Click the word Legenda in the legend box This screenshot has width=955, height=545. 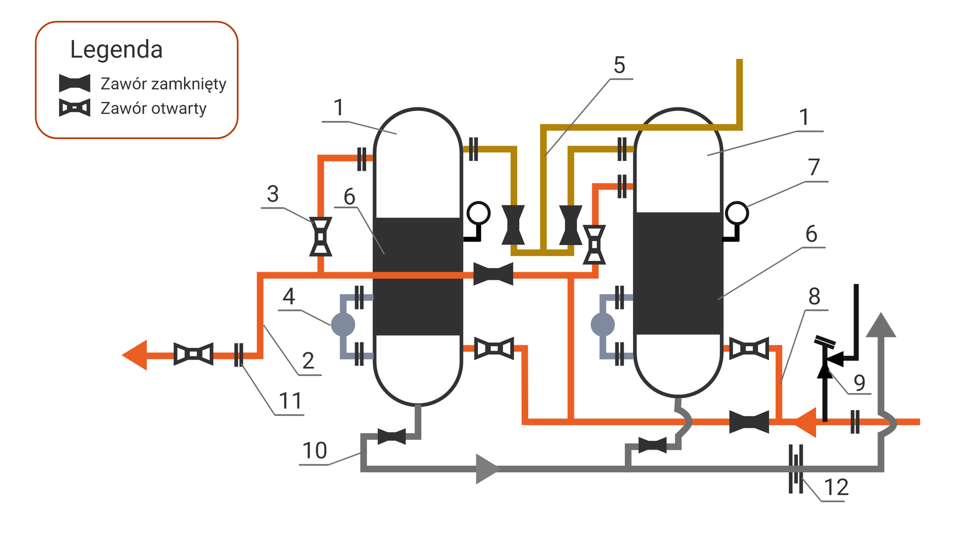pyautogui.click(x=116, y=50)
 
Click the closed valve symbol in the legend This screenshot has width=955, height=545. pyautogui.click(x=75, y=83)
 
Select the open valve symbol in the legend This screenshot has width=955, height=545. pyautogui.click(x=75, y=108)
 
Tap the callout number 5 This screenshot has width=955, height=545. pyautogui.click(x=619, y=65)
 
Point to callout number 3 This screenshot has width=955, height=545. pyautogui.click(x=273, y=194)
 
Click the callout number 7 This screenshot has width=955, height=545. pyautogui.click(x=814, y=167)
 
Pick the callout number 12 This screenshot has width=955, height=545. pyautogui.click(x=836, y=487)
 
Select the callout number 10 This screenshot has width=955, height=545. pyautogui.click(x=314, y=451)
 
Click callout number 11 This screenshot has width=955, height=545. pyautogui.click(x=290, y=401)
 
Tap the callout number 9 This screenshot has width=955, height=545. pyautogui.click(x=859, y=383)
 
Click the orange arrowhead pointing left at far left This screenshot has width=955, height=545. pyautogui.click(x=135, y=355)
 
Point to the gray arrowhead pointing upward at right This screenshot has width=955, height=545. pyautogui.click(x=881, y=325)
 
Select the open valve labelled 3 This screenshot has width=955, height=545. pyautogui.click(x=321, y=236)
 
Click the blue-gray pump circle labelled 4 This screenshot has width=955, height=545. pyautogui.click(x=343, y=325)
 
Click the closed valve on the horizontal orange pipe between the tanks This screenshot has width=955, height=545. pyautogui.click(x=493, y=274)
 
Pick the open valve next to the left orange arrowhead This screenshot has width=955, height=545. pyautogui.click(x=193, y=354)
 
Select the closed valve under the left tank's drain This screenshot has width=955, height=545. pyautogui.click(x=391, y=437)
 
